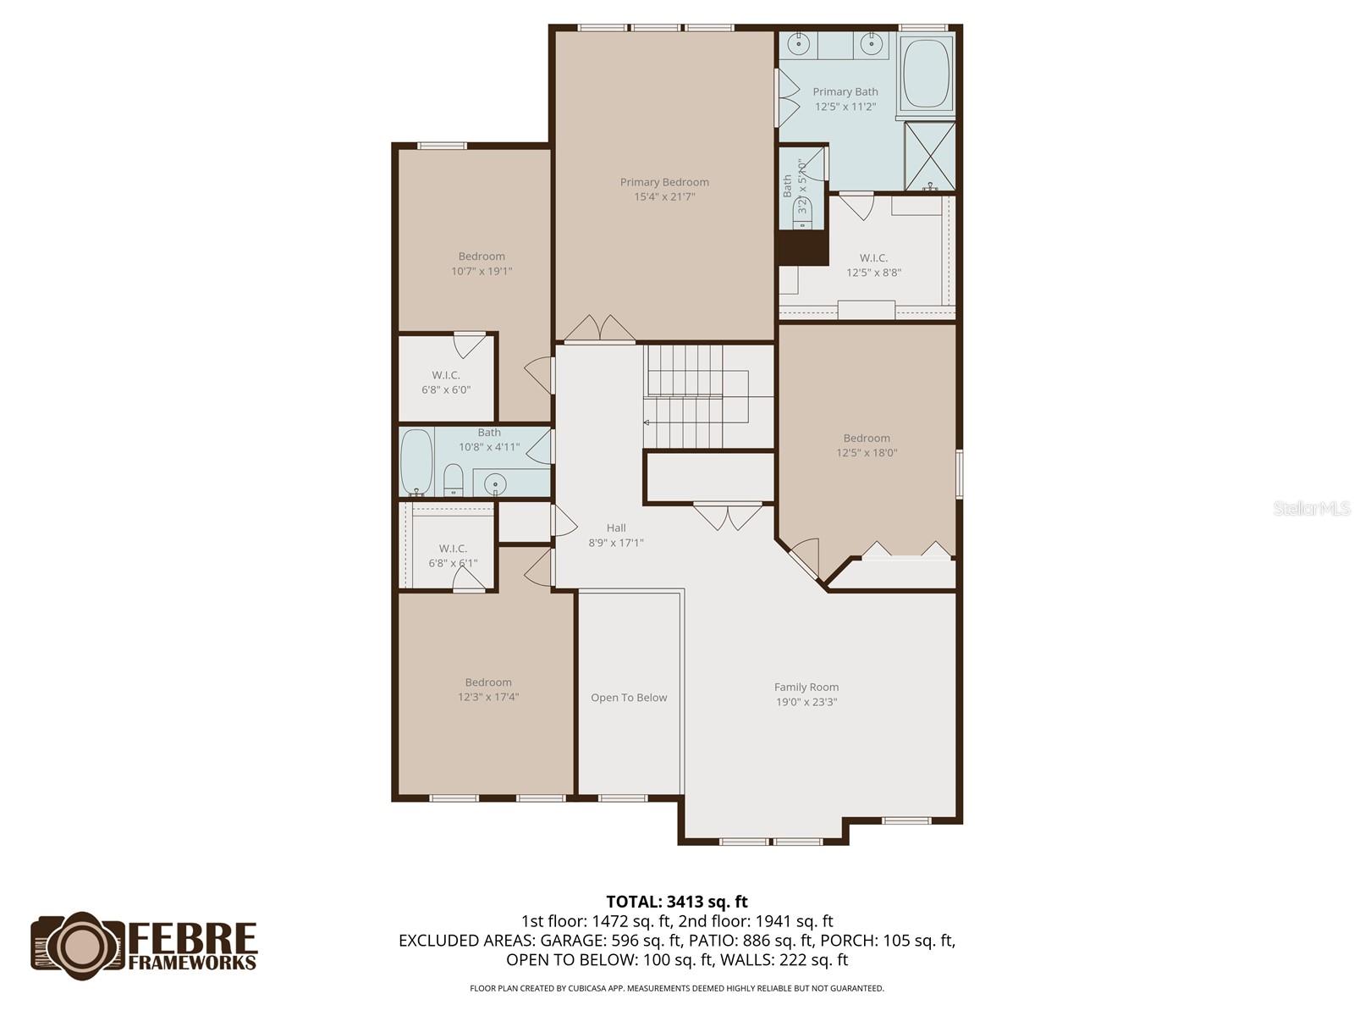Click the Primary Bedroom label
(664, 182)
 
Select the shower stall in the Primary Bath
(930, 157)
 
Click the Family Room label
(806, 687)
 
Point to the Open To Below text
(629, 698)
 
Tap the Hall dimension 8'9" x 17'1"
(616, 543)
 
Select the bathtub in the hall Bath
(416, 461)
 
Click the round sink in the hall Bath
(495, 484)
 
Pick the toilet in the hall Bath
(454, 480)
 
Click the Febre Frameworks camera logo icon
(80, 945)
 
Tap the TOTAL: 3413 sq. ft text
(677, 902)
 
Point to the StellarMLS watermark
(1311, 508)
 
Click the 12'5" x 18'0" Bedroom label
(867, 445)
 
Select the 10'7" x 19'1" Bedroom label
(482, 263)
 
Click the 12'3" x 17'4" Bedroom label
(488, 689)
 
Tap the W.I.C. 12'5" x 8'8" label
(873, 265)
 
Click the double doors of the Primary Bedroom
(599, 330)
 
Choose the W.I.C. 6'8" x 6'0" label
(446, 382)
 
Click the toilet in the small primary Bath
(803, 213)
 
